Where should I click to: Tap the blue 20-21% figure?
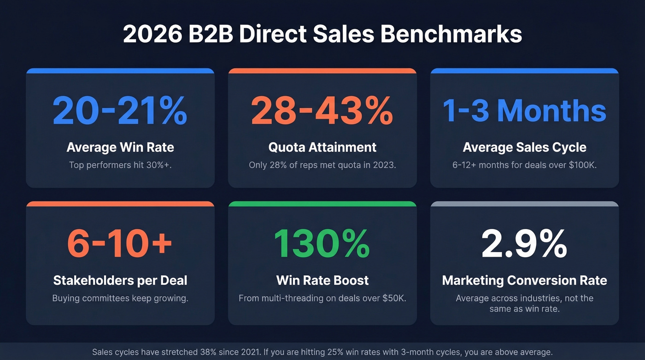point(120,111)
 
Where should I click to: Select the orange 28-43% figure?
point(322,111)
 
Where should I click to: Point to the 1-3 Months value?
point(524,111)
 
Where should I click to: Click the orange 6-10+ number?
point(120,243)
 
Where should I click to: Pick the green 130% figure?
point(322,243)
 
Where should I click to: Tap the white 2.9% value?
point(524,243)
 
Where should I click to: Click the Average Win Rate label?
point(120,148)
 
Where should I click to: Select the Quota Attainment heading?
point(322,148)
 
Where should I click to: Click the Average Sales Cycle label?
point(524,148)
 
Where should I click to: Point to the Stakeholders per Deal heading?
point(120,280)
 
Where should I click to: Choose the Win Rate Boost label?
point(322,280)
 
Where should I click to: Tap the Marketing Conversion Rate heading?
point(524,280)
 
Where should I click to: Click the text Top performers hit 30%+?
point(120,165)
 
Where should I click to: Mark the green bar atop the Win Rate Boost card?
point(322,204)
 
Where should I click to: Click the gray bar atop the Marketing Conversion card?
point(524,204)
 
